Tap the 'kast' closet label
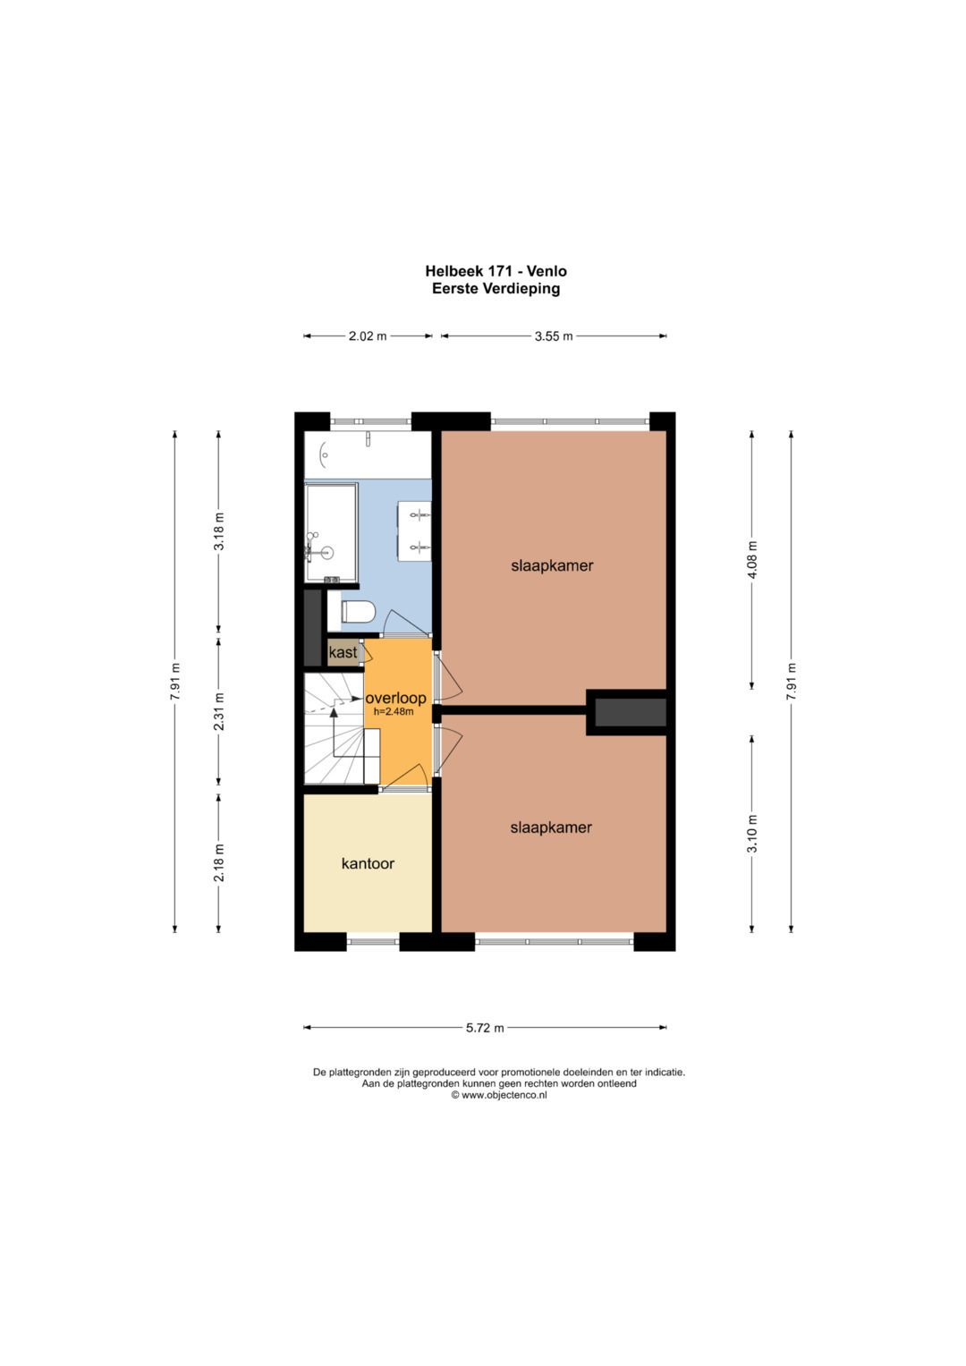tap(343, 653)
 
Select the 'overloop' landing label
tap(395, 699)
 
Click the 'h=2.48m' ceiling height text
tap(394, 712)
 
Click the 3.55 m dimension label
tap(554, 336)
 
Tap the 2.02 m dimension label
tap(368, 336)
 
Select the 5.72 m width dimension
tap(486, 1028)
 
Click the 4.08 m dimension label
tap(752, 560)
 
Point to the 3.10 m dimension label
tap(752, 834)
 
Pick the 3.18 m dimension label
tap(219, 531)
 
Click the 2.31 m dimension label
tap(219, 712)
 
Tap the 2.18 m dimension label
tap(219, 862)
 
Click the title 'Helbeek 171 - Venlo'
tap(496, 271)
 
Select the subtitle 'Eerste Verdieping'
tap(496, 288)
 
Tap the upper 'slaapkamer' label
tap(552, 565)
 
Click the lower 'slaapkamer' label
tap(551, 827)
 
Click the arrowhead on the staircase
tap(334, 712)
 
